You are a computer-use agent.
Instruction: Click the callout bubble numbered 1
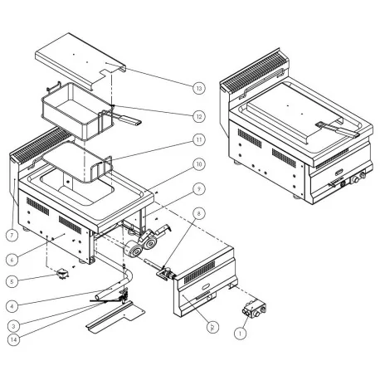pos(241,334)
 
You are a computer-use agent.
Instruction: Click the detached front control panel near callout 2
pos(203,286)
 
